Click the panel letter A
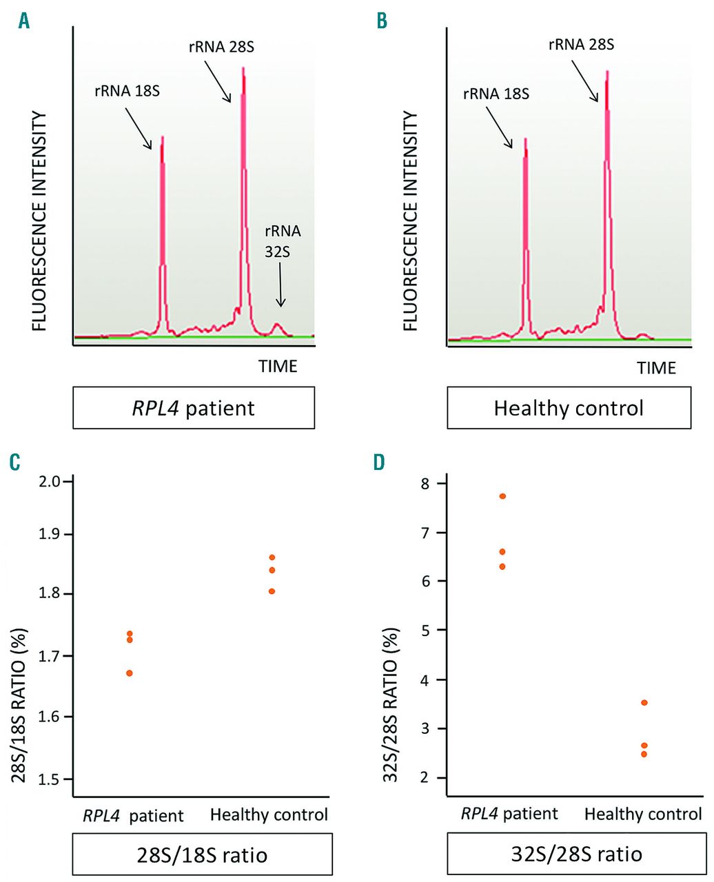(x=24, y=21)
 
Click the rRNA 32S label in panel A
(x=283, y=241)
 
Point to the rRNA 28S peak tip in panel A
(x=243, y=68)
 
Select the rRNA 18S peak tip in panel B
(x=525, y=139)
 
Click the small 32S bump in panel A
(x=278, y=324)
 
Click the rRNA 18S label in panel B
(x=496, y=94)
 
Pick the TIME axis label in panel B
(x=656, y=368)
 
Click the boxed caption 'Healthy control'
(x=569, y=408)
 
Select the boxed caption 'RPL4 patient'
(x=194, y=408)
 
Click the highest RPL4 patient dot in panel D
(x=502, y=496)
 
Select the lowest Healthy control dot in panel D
(x=644, y=754)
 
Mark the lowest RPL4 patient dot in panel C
(x=130, y=673)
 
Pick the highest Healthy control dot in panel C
(x=272, y=557)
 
